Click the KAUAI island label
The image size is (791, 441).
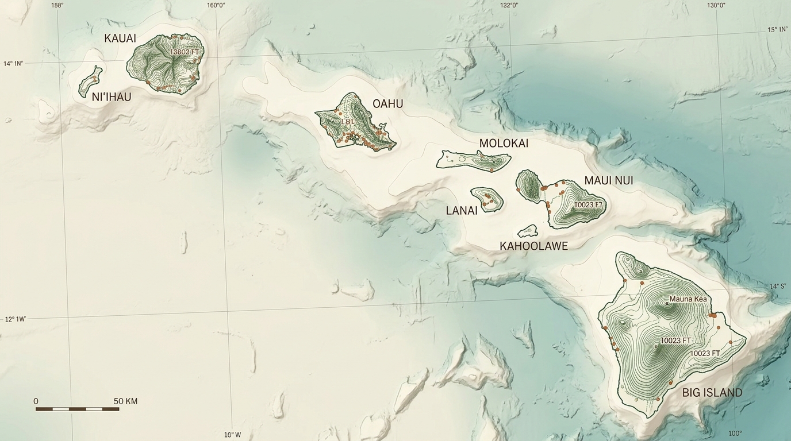tap(120, 38)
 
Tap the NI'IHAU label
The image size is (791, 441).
tap(112, 97)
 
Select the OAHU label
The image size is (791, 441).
tap(388, 104)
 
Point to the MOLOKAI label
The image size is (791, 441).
tap(504, 144)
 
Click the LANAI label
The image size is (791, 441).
tap(462, 211)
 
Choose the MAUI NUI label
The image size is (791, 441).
tap(609, 181)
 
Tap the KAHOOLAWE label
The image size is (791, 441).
tap(533, 246)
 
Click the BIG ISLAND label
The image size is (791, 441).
tap(712, 393)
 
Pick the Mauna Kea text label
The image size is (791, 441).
tap(688, 299)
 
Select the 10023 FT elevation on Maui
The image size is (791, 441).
tap(588, 204)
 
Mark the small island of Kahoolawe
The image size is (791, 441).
tap(528, 231)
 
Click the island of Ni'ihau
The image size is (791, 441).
tap(90, 81)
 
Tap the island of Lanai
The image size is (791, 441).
tap(487, 199)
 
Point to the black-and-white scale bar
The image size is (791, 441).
tap(77, 409)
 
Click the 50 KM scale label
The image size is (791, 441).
tap(125, 401)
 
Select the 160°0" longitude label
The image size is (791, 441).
tap(216, 5)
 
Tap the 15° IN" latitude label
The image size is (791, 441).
tap(777, 29)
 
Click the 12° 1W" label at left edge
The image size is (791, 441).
tap(16, 319)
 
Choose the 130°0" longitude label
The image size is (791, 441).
tap(716, 5)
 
